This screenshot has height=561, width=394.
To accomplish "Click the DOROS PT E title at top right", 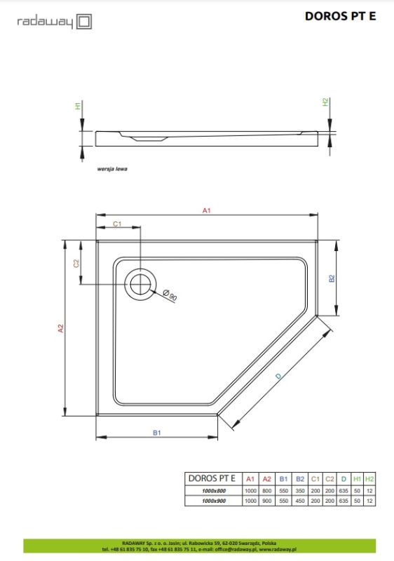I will tap(340, 16).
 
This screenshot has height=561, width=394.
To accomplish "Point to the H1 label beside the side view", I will tap(77, 107).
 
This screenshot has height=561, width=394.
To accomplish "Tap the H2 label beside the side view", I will tap(325, 102).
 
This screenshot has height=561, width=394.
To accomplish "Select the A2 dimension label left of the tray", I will tap(61, 328).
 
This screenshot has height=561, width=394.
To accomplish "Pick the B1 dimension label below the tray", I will tap(157, 433).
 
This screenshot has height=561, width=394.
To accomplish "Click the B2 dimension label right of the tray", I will tap(332, 278).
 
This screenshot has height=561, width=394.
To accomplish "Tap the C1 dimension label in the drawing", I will tap(118, 223).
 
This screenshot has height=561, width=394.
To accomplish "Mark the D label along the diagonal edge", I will tap(278, 378).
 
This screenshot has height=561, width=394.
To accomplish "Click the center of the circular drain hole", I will tap(139, 284).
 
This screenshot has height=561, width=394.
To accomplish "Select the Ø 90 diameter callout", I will tap(169, 295).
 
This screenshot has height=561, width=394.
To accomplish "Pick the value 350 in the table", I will tap(300, 489).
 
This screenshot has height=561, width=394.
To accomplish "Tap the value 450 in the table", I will tap(300, 501).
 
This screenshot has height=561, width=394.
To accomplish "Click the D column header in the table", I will tap(344, 478).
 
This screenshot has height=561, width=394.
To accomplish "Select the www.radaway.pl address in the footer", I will tap(278, 549).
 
